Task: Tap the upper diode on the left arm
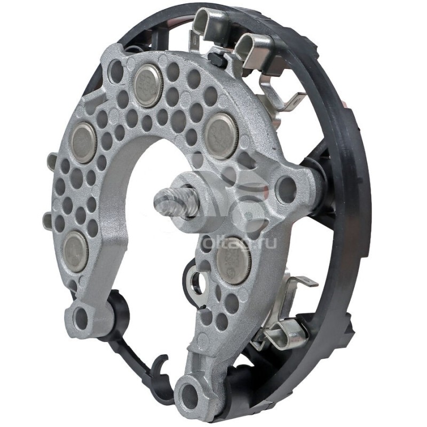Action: [x=83, y=143]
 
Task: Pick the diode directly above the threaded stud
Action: [x=222, y=136]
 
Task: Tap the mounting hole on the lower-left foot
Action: [x=80, y=319]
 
